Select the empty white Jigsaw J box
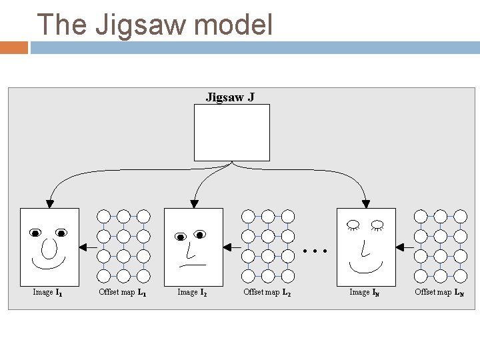pos(231,132)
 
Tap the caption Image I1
pos(48,292)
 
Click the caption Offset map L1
pos(123,292)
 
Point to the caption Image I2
pos(192,292)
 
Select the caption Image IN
pos(365,292)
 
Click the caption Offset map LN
pos(439,292)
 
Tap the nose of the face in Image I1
pos(49,249)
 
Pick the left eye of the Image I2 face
pos(179,237)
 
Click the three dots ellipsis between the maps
pos(315,252)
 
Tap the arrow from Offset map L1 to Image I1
pos(87,247)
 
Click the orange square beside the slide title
pos(14,47)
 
